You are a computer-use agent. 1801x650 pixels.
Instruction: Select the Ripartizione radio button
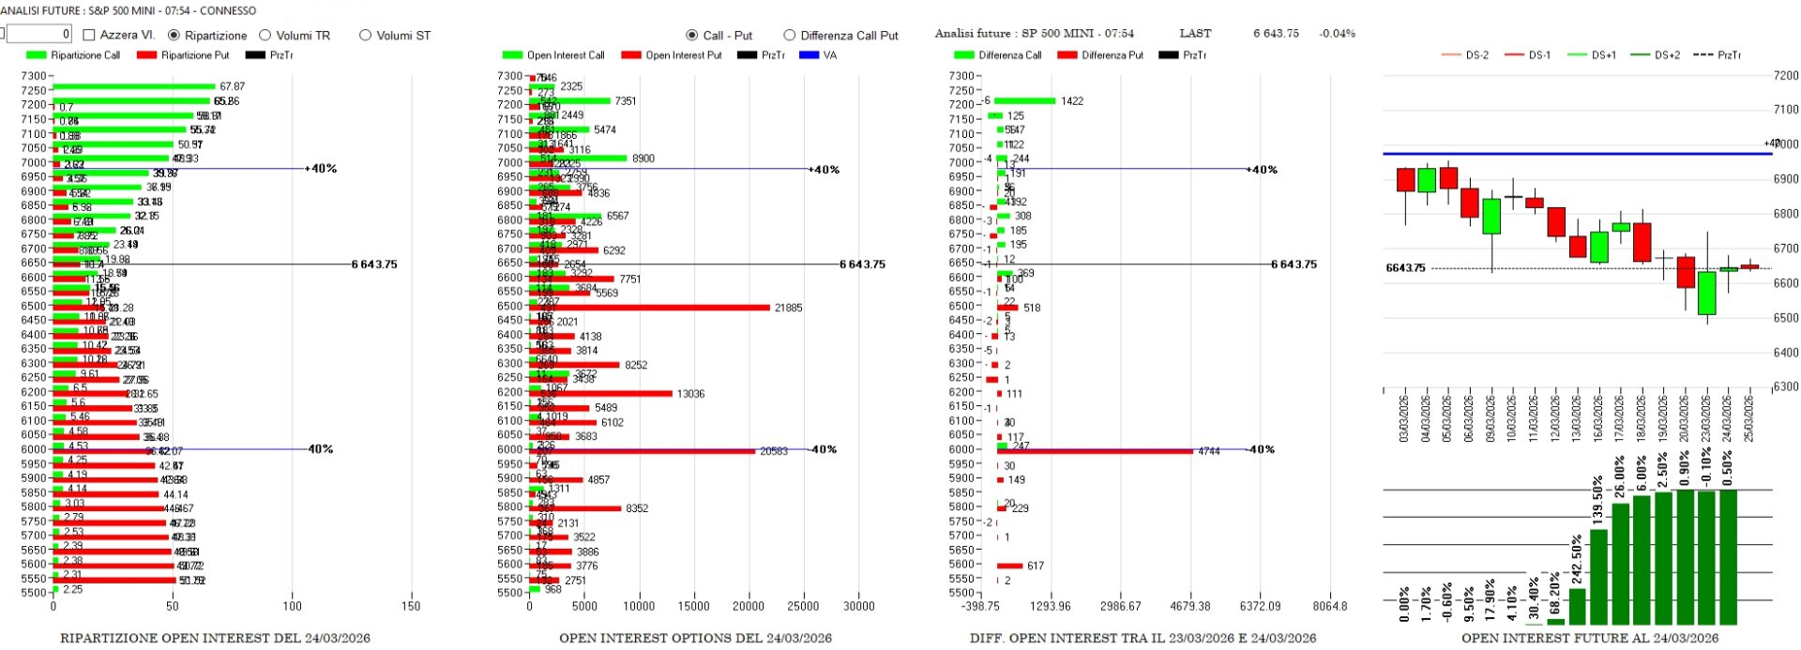pyautogui.click(x=174, y=36)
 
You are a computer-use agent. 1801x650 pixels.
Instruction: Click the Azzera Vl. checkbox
pyautogui.click(x=90, y=36)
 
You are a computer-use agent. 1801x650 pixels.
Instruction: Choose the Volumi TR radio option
pyautogui.click(x=265, y=36)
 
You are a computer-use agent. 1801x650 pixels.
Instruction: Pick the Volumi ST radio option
pyautogui.click(x=365, y=36)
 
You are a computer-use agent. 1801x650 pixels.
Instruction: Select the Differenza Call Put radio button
pyautogui.click(x=789, y=36)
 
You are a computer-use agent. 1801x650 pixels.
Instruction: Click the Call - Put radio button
pyautogui.click(x=692, y=36)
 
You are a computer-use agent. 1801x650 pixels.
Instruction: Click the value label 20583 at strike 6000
pyautogui.click(x=773, y=451)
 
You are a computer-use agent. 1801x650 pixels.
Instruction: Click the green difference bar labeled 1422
pyautogui.click(x=1024, y=101)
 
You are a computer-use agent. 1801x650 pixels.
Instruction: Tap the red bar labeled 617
pyautogui.click(x=1009, y=566)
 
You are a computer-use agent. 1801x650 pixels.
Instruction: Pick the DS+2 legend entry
pyautogui.click(x=1667, y=55)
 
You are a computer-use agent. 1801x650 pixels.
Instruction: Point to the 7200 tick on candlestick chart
pyautogui.click(x=1785, y=76)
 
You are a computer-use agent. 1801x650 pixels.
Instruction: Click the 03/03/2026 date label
pyautogui.click(x=1404, y=418)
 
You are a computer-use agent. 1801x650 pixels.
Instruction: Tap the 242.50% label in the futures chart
pyautogui.click(x=1577, y=559)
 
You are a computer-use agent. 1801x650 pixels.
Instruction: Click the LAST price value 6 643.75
pyautogui.click(x=1276, y=34)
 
